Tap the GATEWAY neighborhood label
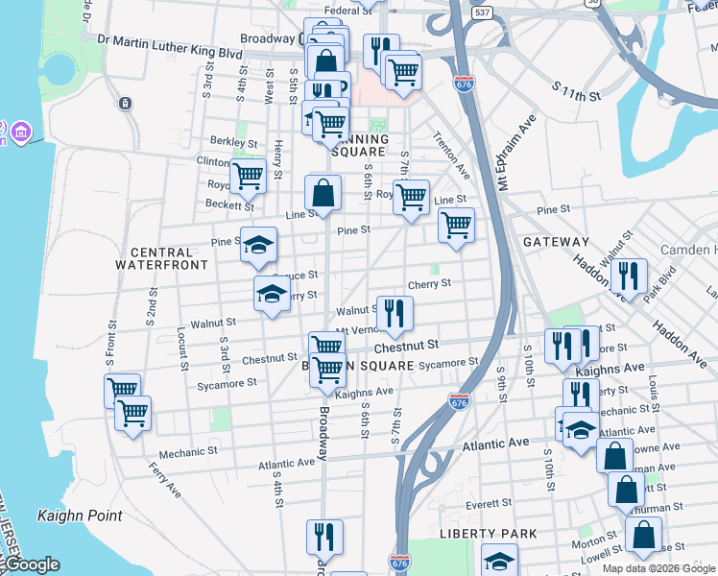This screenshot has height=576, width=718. pyautogui.click(x=556, y=242)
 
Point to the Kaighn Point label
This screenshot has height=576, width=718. pyautogui.click(x=80, y=516)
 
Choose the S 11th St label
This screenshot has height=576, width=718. pyautogui.click(x=576, y=92)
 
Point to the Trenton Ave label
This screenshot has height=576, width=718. pyautogui.click(x=450, y=155)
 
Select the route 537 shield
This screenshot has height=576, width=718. pyautogui.click(x=483, y=13)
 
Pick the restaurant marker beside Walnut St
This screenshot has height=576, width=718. pyautogui.click(x=395, y=312)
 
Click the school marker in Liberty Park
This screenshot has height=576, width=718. pyautogui.click(x=499, y=560)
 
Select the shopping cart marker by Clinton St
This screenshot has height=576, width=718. pyautogui.click(x=248, y=176)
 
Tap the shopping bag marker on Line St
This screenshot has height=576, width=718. pyautogui.click(x=323, y=193)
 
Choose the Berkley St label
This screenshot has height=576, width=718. pyautogui.click(x=233, y=141)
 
